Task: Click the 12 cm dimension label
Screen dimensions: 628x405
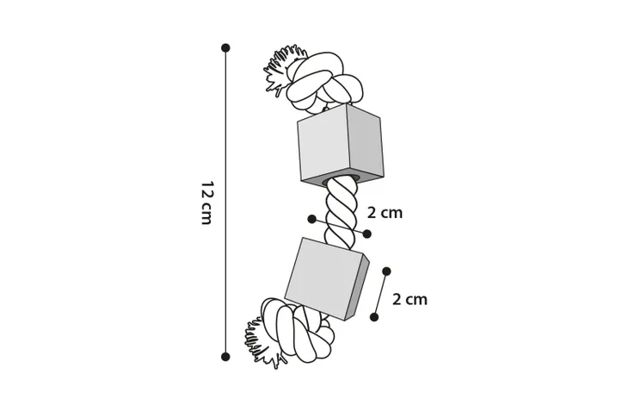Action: [206, 202]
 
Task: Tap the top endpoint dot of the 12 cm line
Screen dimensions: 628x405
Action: [225, 48]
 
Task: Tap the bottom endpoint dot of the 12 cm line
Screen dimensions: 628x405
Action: [225, 357]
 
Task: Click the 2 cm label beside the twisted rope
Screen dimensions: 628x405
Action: [385, 213]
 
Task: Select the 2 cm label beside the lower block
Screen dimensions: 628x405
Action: [409, 300]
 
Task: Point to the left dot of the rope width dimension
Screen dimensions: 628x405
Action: [311, 219]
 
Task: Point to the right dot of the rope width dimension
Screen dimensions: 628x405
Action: [366, 234]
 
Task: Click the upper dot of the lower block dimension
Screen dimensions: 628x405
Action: [386, 271]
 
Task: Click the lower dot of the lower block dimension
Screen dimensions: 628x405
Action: [374, 317]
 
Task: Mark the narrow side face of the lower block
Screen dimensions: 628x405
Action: [357, 288]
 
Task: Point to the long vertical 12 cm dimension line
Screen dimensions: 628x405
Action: [225, 202]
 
